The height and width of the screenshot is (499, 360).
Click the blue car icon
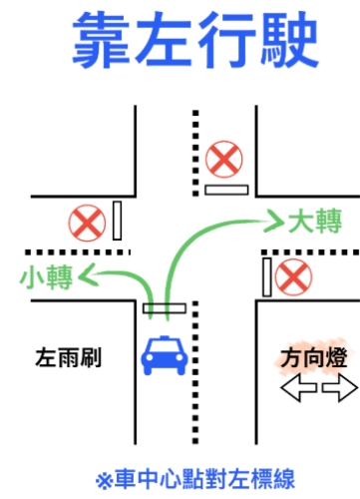pyautogui.click(x=163, y=355)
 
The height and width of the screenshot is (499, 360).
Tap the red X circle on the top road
pyautogui.click(x=224, y=159)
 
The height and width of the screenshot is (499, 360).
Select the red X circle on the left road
pyautogui.click(x=88, y=223)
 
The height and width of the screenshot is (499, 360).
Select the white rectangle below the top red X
pyautogui.click(x=226, y=189)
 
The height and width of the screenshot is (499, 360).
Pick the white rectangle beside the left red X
pyautogui.click(x=118, y=221)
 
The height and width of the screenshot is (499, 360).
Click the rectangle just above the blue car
pyautogui.click(x=163, y=308)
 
